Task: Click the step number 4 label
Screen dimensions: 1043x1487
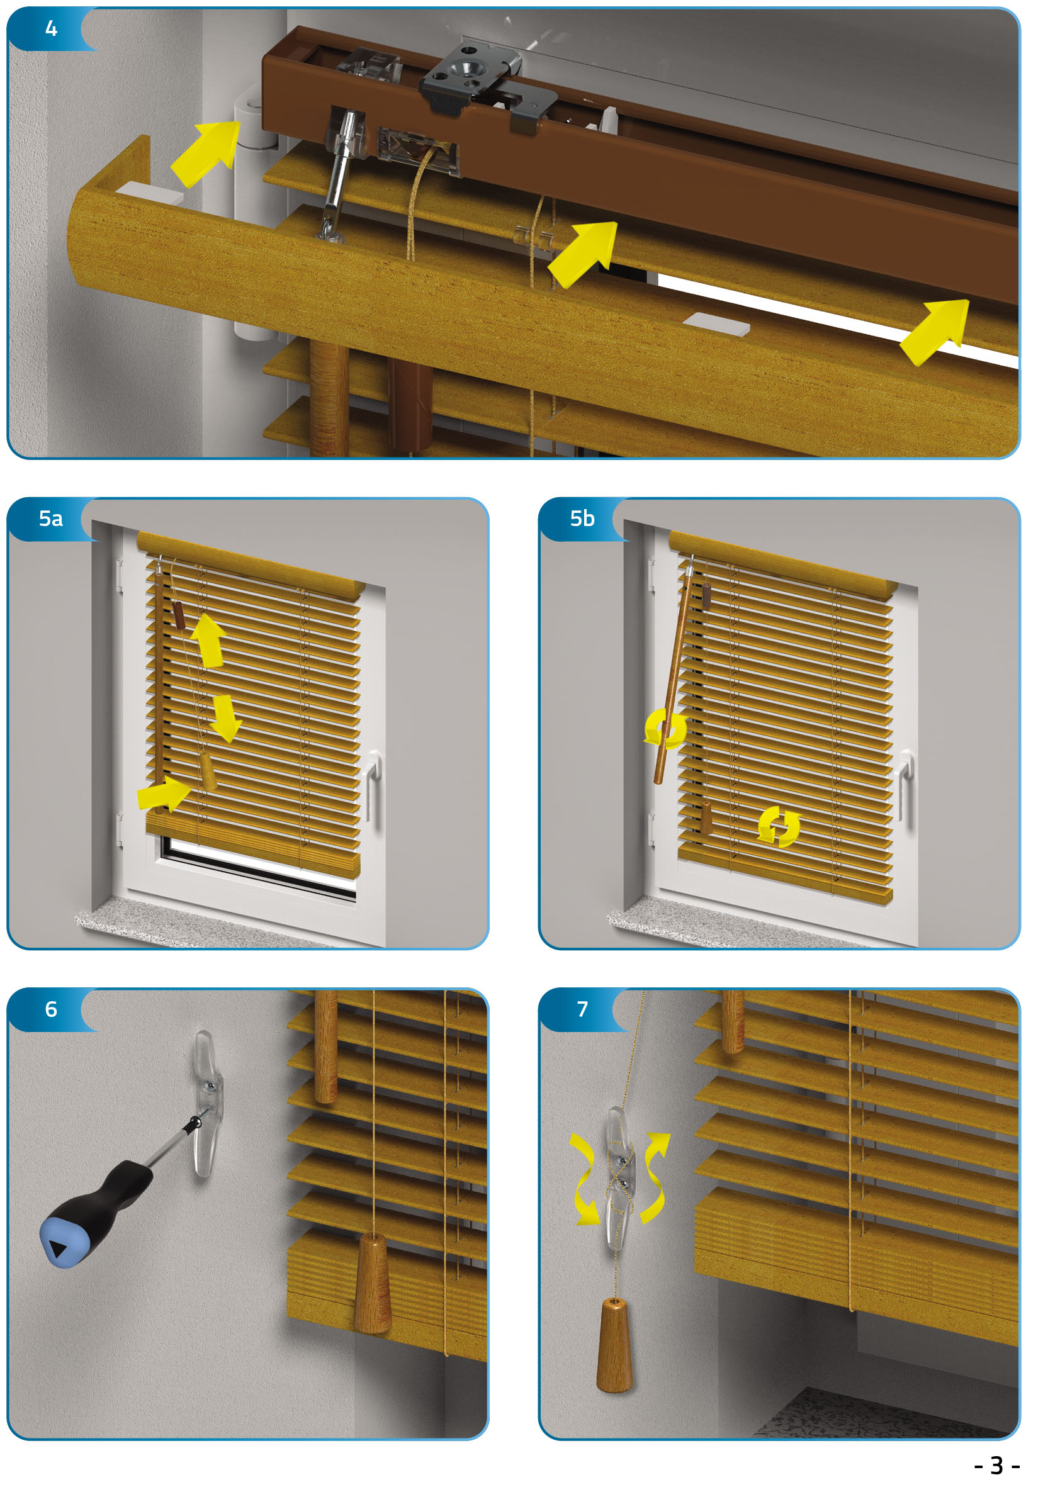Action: [x=51, y=28]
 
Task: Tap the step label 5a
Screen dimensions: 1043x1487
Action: [x=50, y=519]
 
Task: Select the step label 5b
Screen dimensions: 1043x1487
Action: [x=582, y=519]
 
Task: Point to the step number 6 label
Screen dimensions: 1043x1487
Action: [x=51, y=1009]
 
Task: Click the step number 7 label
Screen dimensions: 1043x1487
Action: [x=582, y=1009]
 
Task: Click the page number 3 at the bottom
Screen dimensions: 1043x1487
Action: [x=996, y=1465]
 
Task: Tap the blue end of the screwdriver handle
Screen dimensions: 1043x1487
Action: [x=60, y=1242]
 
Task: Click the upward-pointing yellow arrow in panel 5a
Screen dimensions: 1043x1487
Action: [x=208, y=640]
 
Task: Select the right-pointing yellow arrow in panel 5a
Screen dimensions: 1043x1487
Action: [x=164, y=794]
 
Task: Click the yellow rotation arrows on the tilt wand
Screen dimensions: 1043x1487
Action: [x=665, y=728]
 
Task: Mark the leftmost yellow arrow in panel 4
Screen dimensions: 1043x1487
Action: [x=205, y=154]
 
